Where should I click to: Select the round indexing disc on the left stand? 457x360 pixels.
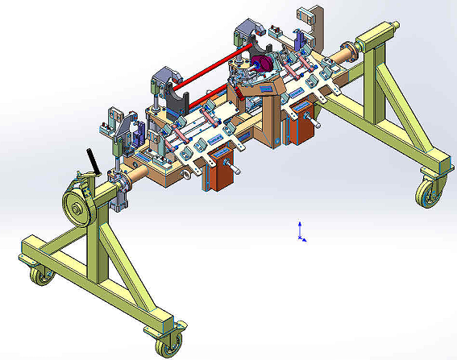coord(76,210)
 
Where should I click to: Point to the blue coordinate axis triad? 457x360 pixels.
coord(301,231)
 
